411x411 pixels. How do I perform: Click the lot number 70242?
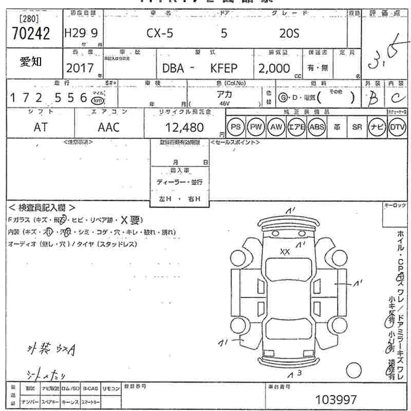(x=30, y=34)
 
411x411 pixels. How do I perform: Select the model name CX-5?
(x=160, y=34)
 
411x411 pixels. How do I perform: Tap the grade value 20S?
(x=289, y=34)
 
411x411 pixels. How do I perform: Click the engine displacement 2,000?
(x=274, y=68)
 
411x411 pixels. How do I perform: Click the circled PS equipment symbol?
(x=235, y=126)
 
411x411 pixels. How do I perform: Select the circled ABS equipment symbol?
(x=317, y=126)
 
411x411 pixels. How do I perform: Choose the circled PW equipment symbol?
(x=255, y=126)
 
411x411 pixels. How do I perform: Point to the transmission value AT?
(x=40, y=127)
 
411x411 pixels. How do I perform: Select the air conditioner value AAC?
(x=108, y=127)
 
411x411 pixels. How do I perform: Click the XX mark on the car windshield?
(x=285, y=251)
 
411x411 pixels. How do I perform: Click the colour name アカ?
(x=225, y=94)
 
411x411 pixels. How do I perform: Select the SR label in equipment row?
(x=357, y=126)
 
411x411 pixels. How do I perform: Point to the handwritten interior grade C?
(x=396, y=98)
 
